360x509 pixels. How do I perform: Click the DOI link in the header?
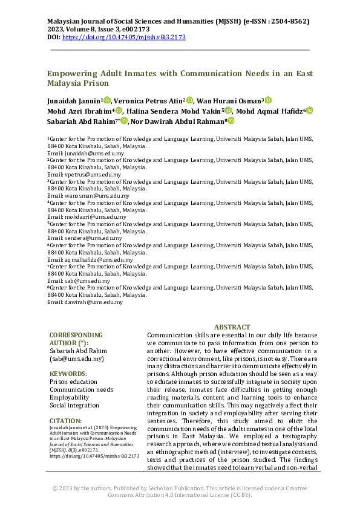(x=124, y=37)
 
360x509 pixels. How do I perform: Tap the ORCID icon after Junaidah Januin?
(x=107, y=100)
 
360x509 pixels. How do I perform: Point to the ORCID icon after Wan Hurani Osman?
(x=269, y=100)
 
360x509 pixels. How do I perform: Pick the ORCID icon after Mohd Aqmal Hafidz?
(x=309, y=110)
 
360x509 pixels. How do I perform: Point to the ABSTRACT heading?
(x=232, y=326)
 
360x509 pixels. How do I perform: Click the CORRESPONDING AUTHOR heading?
(x=76, y=339)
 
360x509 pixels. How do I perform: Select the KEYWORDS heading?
(x=68, y=374)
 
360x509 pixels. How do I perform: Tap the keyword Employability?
(x=69, y=397)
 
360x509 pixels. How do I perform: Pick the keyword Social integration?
(x=73, y=405)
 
